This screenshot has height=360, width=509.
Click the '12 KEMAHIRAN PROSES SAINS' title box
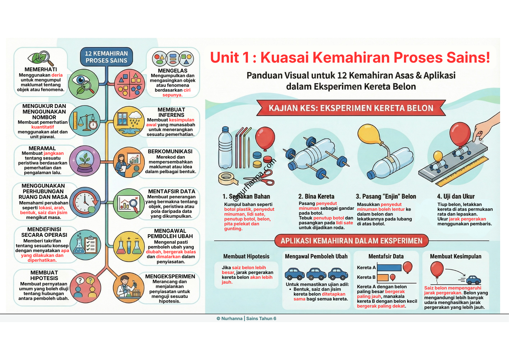(106, 57)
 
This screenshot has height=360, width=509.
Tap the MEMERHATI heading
(41, 69)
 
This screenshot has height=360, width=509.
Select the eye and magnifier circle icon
(84, 84)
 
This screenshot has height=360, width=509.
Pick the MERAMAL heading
(42, 148)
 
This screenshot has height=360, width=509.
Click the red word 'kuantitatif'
(43, 127)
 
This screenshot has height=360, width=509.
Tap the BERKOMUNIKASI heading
(170, 152)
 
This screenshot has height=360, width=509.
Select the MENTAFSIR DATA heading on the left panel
(171, 191)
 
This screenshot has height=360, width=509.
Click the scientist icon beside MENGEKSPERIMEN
(129, 287)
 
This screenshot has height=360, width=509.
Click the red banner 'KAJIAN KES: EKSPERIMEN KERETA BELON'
(351, 108)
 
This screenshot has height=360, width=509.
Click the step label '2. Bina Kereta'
(316, 196)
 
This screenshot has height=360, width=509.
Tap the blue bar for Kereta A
(389, 268)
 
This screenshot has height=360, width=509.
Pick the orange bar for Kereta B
(383, 277)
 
